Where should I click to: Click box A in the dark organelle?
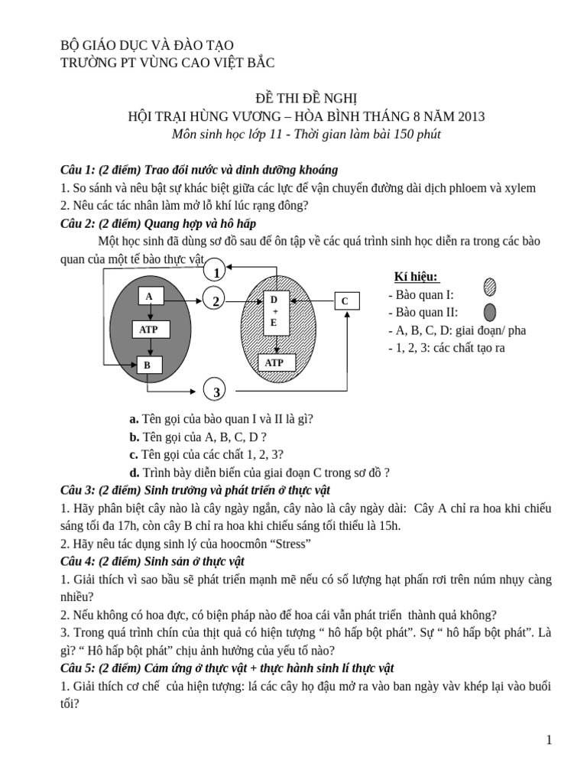click(x=150, y=297)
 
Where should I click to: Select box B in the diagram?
click(x=148, y=366)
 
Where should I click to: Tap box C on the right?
click(x=345, y=301)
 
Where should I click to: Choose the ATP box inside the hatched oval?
click(x=274, y=362)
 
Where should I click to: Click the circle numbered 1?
click(x=216, y=272)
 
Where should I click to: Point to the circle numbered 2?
click(x=216, y=301)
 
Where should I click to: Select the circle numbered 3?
click(x=216, y=391)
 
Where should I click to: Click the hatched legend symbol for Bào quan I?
click(x=490, y=287)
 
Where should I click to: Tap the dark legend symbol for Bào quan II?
click(x=490, y=312)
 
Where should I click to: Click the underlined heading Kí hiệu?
click(x=416, y=277)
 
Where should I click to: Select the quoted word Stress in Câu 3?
click(x=287, y=544)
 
